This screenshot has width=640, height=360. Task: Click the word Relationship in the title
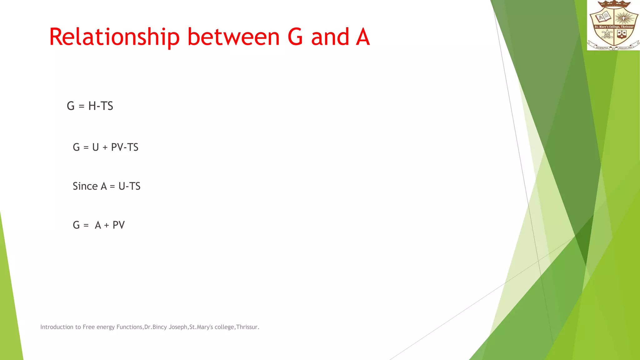click(x=114, y=37)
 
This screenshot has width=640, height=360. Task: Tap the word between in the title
click(x=233, y=37)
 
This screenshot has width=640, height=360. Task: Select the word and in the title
click(x=330, y=37)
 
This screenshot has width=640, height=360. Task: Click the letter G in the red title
click(x=295, y=37)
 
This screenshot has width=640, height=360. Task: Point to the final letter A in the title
click(x=363, y=37)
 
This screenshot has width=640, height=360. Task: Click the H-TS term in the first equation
click(x=101, y=106)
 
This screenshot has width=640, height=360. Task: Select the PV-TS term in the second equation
click(x=125, y=147)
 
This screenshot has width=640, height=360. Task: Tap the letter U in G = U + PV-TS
click(x=96, y=147)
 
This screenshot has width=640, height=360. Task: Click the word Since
click(x=85, y=186)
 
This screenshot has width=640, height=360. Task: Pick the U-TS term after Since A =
click(x=129, y=186)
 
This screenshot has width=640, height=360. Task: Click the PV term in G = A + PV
click(x=118, y=225)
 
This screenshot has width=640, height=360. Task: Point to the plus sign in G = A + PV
click(x=107, y=225)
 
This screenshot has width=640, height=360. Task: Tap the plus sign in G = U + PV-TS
click(x=105, y=147)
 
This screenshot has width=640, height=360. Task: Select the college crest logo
click(x=613, y=25)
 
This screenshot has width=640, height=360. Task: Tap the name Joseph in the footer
click(x=178, y=327)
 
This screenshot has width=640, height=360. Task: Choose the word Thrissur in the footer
click(x=247, y=327)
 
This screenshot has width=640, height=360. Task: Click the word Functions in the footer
click(x=129, y=327)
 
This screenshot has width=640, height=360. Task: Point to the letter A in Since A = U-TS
click(x=104, y=186)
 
